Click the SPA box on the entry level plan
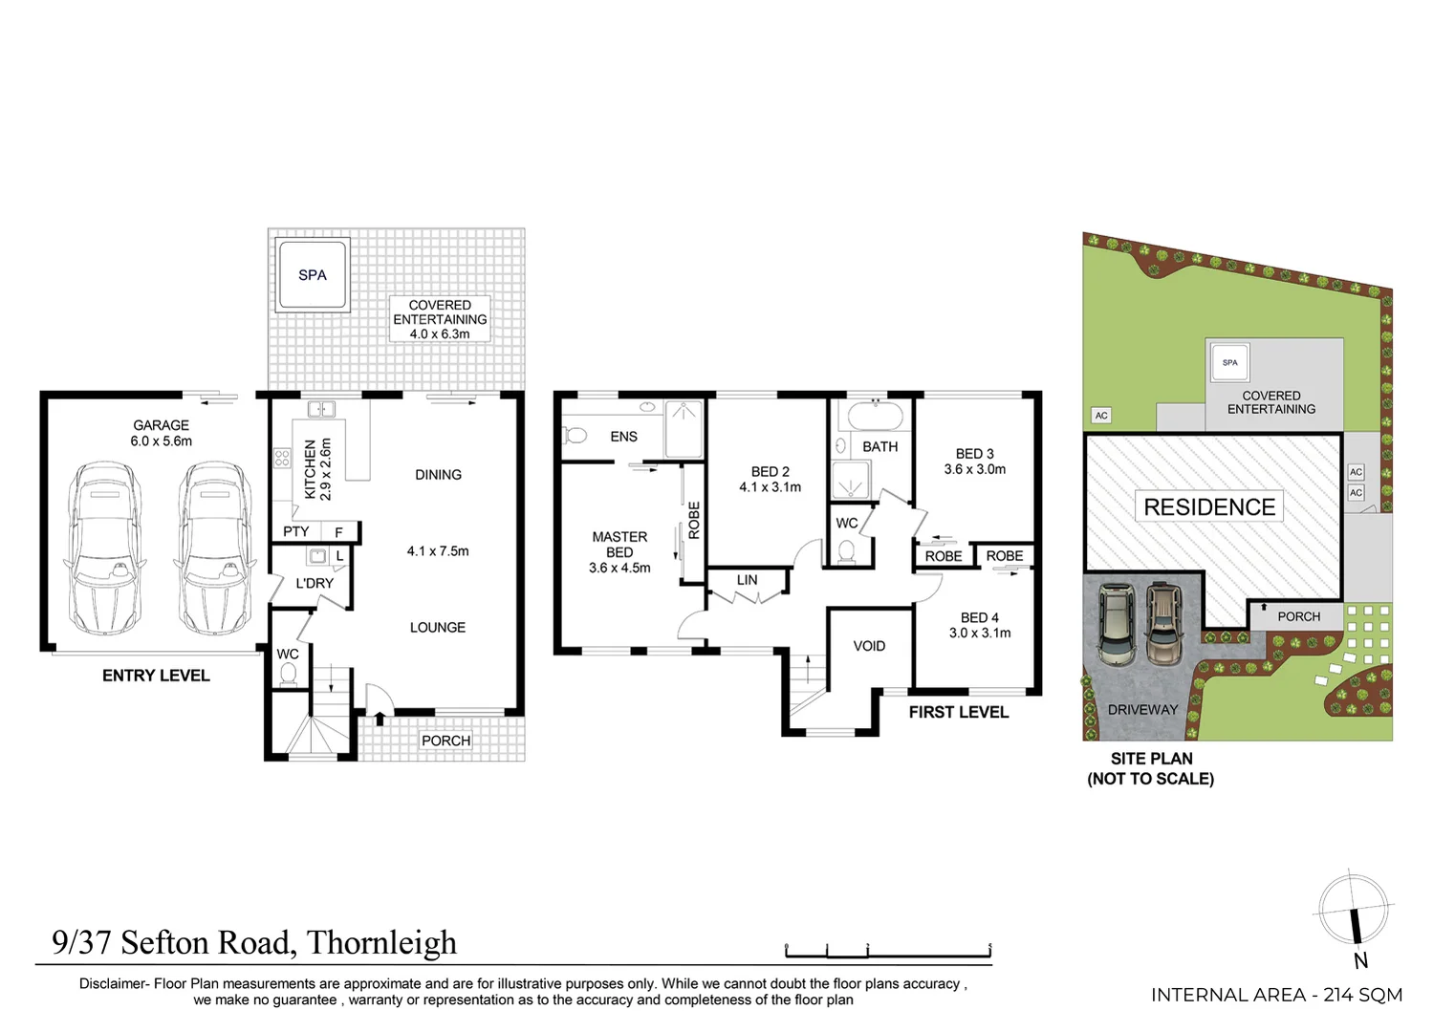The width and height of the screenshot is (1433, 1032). tap(313, 275)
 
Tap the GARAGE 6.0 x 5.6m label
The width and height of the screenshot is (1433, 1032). tap(161, 433)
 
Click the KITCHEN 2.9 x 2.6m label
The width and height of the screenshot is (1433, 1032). tap(317, 469)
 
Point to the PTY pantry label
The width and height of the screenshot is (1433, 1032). tap(296, 532)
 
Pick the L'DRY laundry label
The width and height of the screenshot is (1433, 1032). tap(315, 584)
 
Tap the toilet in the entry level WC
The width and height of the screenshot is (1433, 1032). tap(288, 675)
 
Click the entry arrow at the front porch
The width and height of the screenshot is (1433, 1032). tap(380, 719)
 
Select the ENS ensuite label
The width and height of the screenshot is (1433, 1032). tap(623, 437)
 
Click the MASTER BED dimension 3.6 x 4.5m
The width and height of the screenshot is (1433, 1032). tap(619, 568)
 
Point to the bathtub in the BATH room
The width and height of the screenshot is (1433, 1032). tap(875, 418)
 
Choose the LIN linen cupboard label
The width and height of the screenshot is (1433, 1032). tap(747, 580)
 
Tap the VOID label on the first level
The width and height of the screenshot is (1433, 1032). tap(869, 646)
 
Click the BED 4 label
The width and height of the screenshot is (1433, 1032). tap(979, 618)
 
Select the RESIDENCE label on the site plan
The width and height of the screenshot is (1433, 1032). tap(1209, 507)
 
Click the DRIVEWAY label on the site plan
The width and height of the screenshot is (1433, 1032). tap(1142, 710)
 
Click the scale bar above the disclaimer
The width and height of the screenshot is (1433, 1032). tap(887, 952)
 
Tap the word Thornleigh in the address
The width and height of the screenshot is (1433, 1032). tap(381, 943)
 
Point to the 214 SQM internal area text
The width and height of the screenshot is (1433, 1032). tap(1362, 995)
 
